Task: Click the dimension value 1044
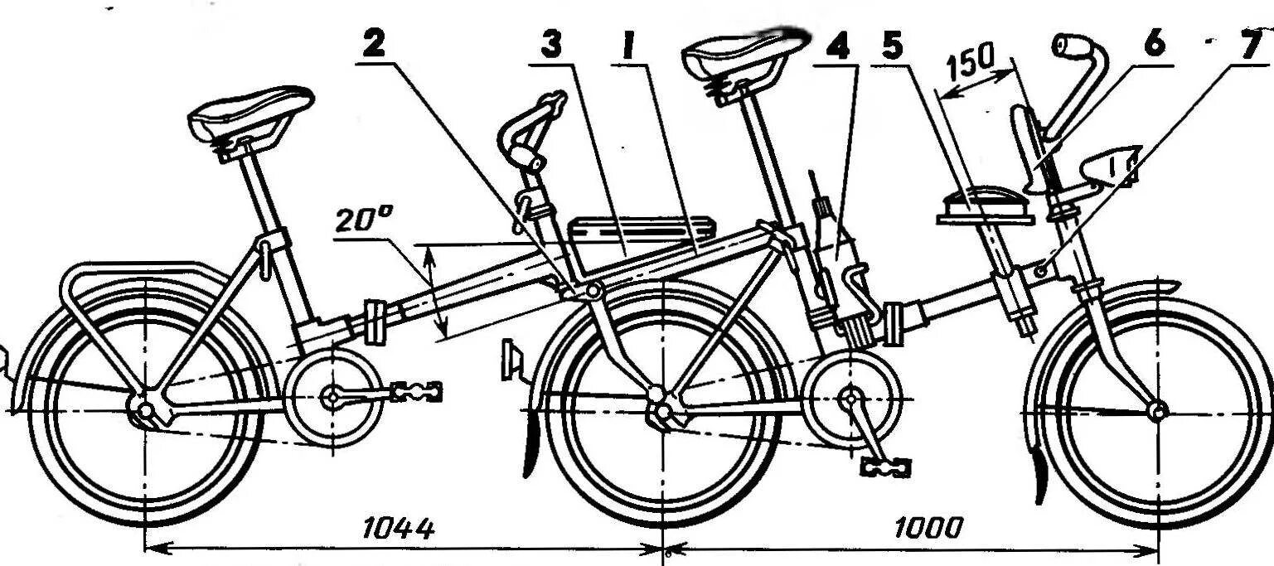(400, 528)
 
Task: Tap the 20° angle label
(365, 220)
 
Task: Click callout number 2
(374, 46)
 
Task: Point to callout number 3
(550, 46)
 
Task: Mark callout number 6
(1154, 46)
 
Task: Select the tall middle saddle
(743, 54)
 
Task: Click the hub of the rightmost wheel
(1158, 409)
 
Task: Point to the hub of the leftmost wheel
(146, 410)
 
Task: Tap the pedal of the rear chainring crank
(416, 391)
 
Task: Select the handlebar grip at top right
(1070, 46)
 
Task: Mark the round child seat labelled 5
(986, 207)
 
